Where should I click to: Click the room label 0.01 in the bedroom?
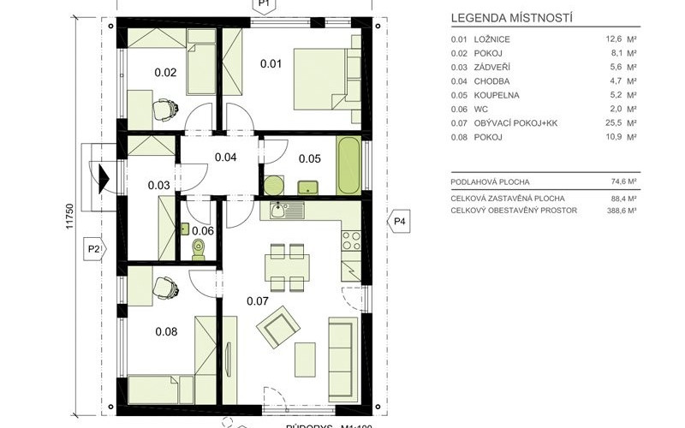point(271,62)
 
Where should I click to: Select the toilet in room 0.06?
point(200,248)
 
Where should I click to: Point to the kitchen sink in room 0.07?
point(277,210)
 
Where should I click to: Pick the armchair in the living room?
point(277,326)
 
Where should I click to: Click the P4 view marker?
point(400,223)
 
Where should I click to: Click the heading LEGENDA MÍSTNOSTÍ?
point(511,17)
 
